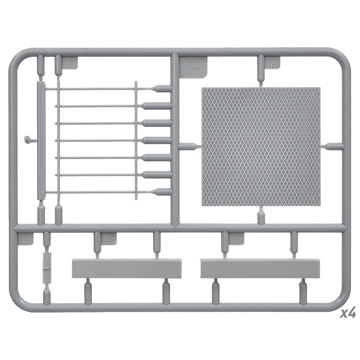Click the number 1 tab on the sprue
tap(70, 63)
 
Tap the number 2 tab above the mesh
tap(273, 62)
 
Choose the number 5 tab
tap(236, 239)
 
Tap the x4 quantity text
tap(348, 313)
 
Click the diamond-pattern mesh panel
tap(261, 147)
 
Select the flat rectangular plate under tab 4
tap(127, 269)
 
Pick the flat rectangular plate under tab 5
tap(260, 269)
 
